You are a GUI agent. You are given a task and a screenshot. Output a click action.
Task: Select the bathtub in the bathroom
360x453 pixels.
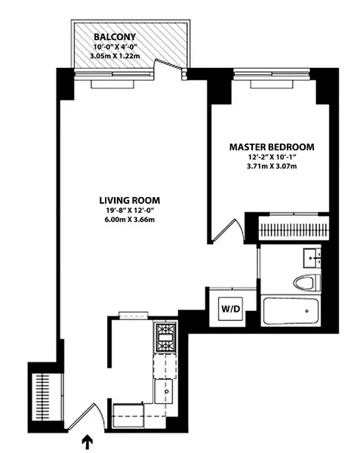(x=291, y=311)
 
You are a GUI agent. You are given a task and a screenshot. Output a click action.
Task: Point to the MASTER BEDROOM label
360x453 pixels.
(x=271, y=146)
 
